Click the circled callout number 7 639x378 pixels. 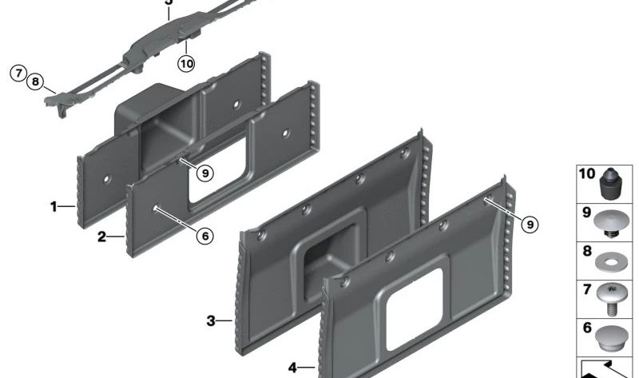coord(18,74)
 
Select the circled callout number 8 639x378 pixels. coord(35,82)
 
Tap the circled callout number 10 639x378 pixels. coord(186,64)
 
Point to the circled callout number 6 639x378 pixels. coord(205,236)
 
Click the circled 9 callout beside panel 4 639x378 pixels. coord(530,225)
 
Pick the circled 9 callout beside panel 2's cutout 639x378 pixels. coord(205,173)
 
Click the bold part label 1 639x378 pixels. coord(54,207)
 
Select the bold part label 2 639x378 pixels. coord(101,237)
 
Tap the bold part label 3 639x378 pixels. coord(210,321)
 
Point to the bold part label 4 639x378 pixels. coord(292,368)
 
